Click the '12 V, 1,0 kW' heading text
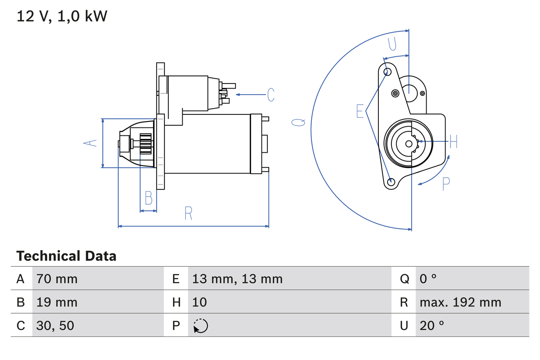click(62, 16)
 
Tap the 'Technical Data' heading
click(66, 256)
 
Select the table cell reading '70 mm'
click(57, 279)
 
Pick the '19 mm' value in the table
click(57, 302)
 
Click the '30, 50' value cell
click(55, 325)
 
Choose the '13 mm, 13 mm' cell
click(237, 279)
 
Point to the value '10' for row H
click(200, 302)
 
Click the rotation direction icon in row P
click(200, 326)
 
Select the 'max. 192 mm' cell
click(460, 302)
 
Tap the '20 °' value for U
click(432, 325)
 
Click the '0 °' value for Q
click(428, 279)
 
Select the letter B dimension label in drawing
click(148, 198)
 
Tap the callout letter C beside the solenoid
click(271, 95)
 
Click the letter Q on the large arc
click(298, 122)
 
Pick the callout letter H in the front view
click(453, 142)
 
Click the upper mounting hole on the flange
click(388, 71)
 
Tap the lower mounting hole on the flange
click(391, 182)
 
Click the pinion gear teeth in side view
click(146, 143)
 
